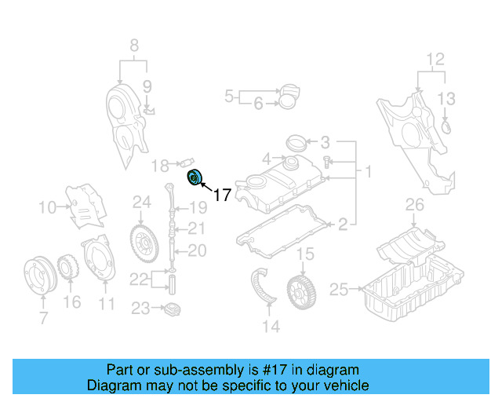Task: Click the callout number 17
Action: pyautogui.click(x=222, y=195)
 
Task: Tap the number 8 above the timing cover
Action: pyautogui.click(x=133, y=45)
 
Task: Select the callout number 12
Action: pyautogui.click(x=435, y=59)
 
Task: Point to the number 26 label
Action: pyautogui.click(x=414, y=206)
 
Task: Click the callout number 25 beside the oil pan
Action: pyautogui.click(x=338, y=291)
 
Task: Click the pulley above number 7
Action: pyautogui.click(x=37, y=276)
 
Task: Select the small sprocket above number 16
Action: pyautogui.click(x=69, y=267)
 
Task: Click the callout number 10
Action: pyautogui.click(x=47, y=208)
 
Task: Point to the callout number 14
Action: pyautogui.click(x=271, y=326)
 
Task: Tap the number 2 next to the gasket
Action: pyautogui.click(x=343, y=225)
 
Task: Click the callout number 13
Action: pyautogui.click(x=446, y=98)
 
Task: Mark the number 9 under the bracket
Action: pyautogui.click(x=147, y=86)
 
